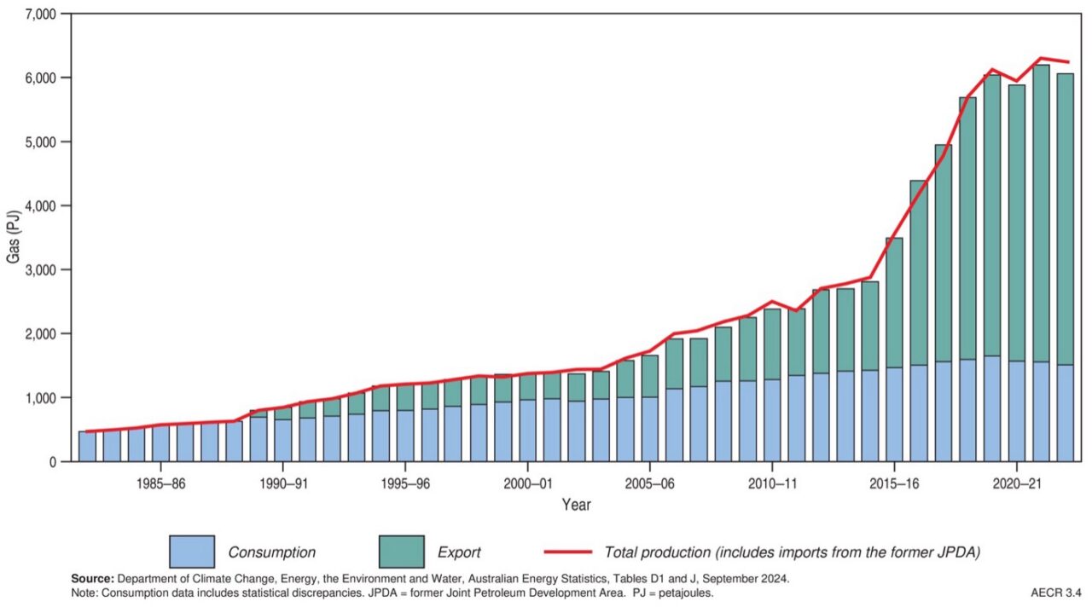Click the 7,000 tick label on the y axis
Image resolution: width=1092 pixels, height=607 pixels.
[x=39, y=14]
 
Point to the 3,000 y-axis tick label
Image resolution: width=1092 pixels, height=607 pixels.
[x=39, y=270]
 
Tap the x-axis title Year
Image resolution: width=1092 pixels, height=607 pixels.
[x=576, y=505]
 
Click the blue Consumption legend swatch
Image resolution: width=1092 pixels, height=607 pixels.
[x=191, y=552]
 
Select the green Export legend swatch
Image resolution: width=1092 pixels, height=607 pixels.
[x=400, y=552]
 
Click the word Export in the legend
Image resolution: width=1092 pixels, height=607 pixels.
[x=458, y=552]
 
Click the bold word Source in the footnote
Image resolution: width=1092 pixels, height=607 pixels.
[x=93, y=578]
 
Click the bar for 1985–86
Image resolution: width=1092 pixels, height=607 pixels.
[x=160, y=443]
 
